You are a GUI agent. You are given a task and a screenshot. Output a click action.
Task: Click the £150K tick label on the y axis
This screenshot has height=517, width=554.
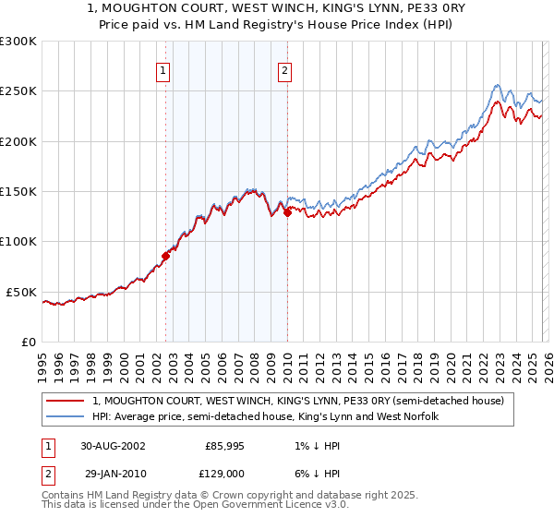pos(18,192)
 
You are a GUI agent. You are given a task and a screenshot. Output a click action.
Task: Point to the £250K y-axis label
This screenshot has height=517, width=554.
pos(18,91)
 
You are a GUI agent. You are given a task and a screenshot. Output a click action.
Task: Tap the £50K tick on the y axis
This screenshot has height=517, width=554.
pos(20,292)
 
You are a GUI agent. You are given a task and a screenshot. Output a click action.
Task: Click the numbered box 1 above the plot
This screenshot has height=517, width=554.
pos(163,70)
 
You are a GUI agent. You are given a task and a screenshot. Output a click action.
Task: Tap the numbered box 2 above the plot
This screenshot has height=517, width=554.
pos(284,70)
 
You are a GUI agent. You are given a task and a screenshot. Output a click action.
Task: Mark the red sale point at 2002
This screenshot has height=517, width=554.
pos(166,256)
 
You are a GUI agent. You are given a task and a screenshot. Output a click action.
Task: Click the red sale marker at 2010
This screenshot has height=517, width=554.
pos(287,212)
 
